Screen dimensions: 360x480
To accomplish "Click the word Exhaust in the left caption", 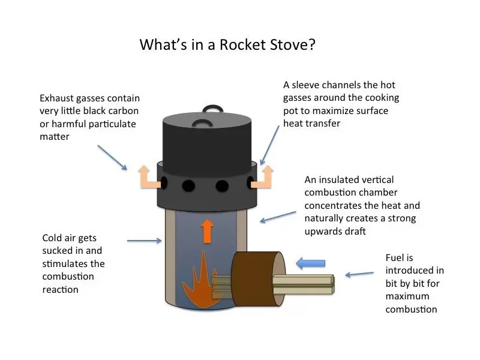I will (x=58, y=98).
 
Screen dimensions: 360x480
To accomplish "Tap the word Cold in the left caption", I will (x=53, y=237).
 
